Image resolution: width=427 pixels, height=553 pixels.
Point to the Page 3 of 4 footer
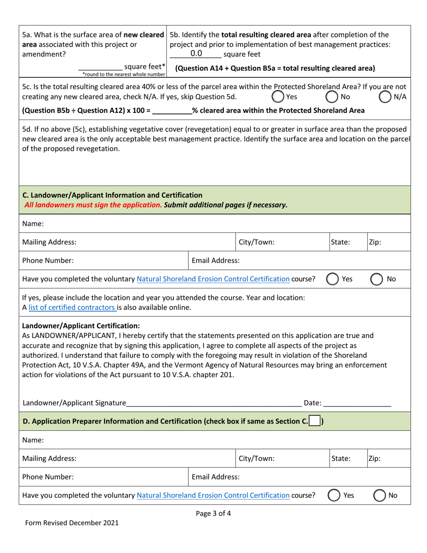[213, 513]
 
